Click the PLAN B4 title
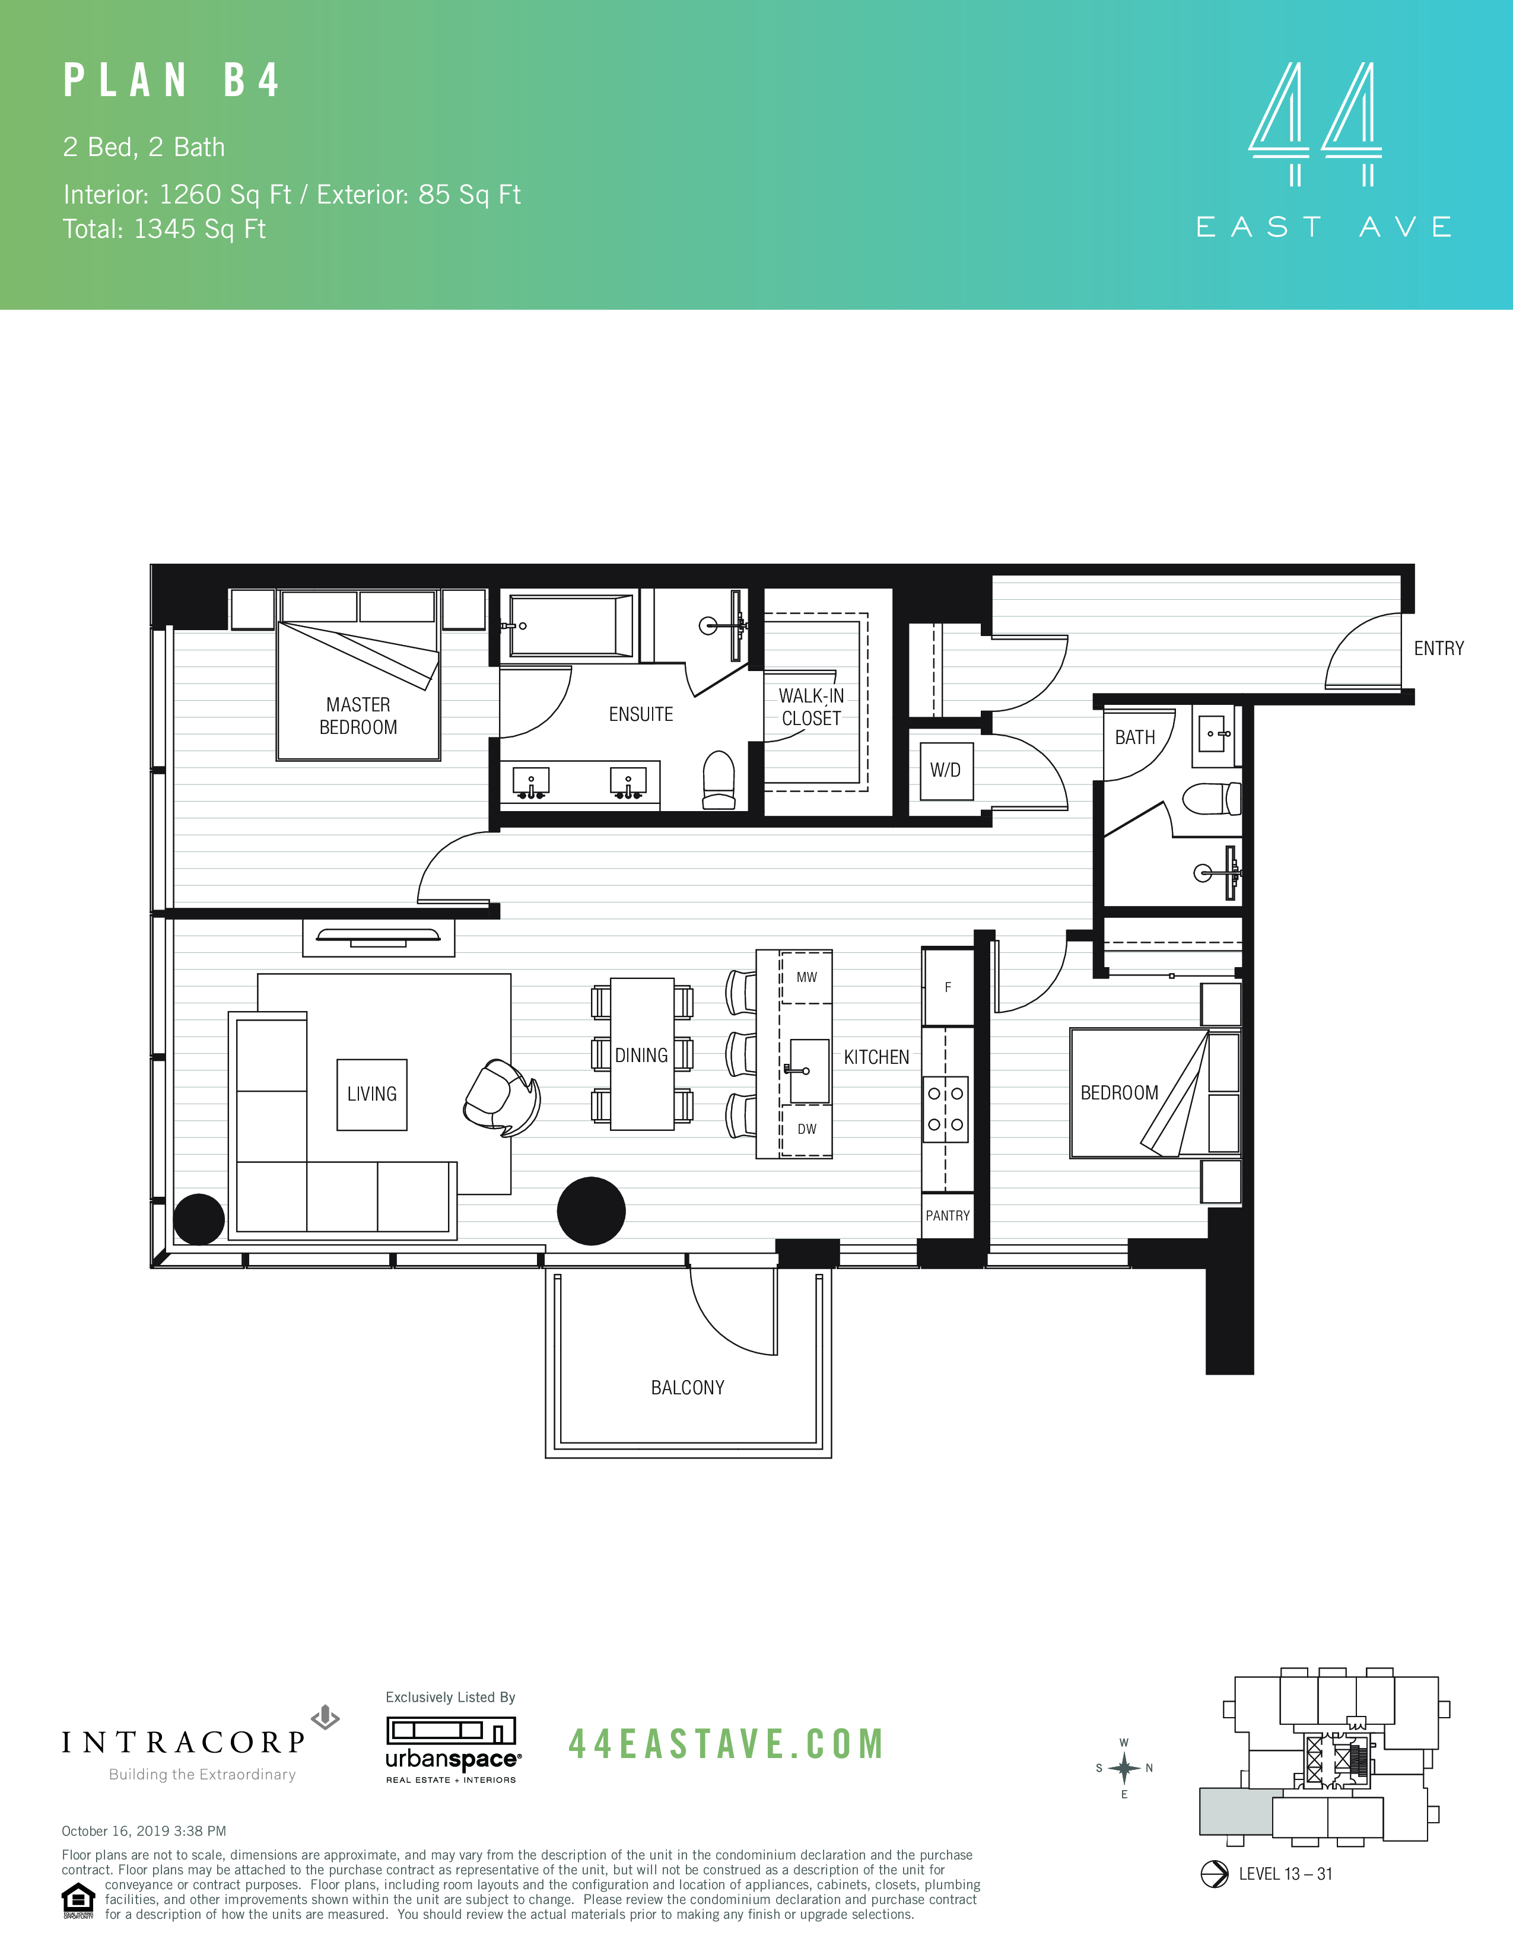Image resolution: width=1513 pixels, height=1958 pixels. tap(171, 81)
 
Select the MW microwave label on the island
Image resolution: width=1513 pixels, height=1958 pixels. tap(807, 977)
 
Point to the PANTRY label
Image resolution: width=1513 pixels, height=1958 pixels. tap(948, 1216)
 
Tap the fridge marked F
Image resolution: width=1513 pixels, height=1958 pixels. tap(948, 987)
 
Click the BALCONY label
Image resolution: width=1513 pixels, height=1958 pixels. tap(688, 1388)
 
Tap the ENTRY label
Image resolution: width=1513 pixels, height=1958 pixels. tap(1439, 648)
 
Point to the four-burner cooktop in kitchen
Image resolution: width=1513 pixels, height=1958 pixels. tap(946, 1109)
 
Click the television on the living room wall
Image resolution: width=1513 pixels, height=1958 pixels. tap(379, 937)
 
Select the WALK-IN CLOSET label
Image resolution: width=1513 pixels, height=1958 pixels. tap(811, 707)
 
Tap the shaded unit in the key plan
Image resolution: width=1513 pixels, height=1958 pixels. tap(1235, 1811)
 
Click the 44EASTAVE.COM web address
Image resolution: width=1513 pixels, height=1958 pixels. tap(726, 1744)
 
